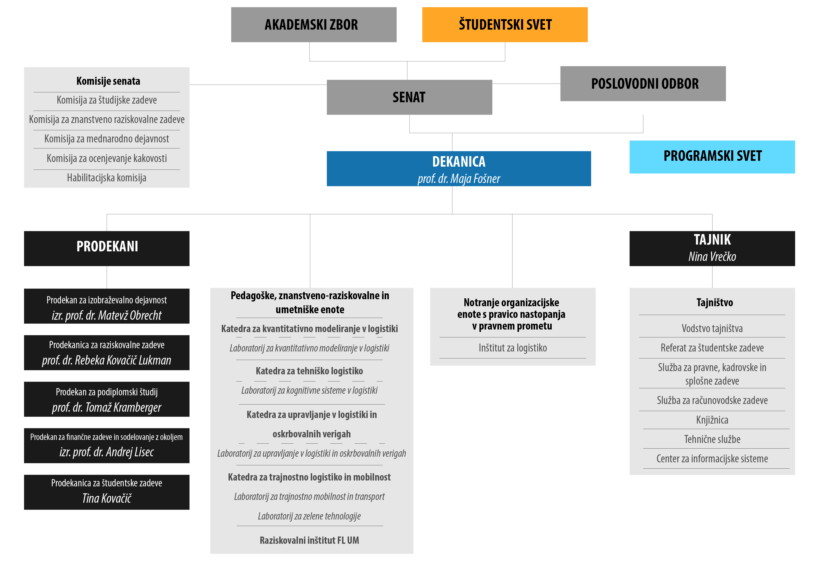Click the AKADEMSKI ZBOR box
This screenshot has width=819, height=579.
pyautogui.click(x=314, y=25)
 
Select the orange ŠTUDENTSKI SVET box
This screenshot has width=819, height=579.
pyautogui.click(x=505, y=25)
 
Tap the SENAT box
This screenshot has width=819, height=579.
pyautogui.click(x=409, y=97)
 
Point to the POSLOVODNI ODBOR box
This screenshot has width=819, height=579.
pyautogui.click(x=643, y=83)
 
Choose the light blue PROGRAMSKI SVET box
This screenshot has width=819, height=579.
pyautogui.click(x=712, y=157)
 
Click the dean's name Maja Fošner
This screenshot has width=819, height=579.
pyautogui.click(x=459, y=179)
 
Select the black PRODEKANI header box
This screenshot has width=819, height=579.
pyautogui.click(x=107, y=249)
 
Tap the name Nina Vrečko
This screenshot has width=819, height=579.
pyautogui.click(x=712, y=257)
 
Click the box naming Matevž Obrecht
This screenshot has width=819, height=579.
pyautogui.click(x=107, y=306)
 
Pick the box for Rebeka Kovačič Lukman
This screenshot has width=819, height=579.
pyautogui.click(x=107, y=353)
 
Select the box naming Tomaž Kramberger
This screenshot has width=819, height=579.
pyautogui.click(x=107, y=399)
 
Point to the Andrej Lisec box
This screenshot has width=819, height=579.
pyautogui.click(x=107, y=446)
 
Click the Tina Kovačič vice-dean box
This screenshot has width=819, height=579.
pyautogui.click(x=107, y=492)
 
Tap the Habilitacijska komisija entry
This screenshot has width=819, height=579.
pyautogui.click(x=107, y=178)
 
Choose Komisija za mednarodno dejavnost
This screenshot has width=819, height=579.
pyautogui.click(x=107, y=139)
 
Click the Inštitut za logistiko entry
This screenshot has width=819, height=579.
pyautogui.click(x=513, y=348)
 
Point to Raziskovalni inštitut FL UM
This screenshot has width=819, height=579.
pyautogui.click(x=309, y=540)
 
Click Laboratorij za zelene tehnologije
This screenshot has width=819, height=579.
pyautogui.click(x=309, y=516)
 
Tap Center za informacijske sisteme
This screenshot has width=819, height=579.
pyautogui.click(x=712, y=459)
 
